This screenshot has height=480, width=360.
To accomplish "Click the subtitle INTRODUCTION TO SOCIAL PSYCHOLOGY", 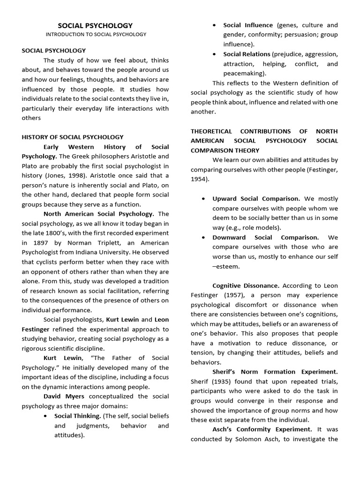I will click(96, 34).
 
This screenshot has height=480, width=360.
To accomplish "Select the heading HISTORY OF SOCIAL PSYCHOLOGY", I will click(73, 137).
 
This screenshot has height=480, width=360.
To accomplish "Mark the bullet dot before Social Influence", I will click(214, 25).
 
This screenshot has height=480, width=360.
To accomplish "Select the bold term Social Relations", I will click(247, 54).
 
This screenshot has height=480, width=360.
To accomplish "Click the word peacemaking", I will click(244, 73).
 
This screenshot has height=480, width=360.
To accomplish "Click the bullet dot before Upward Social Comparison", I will click(203, 199).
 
